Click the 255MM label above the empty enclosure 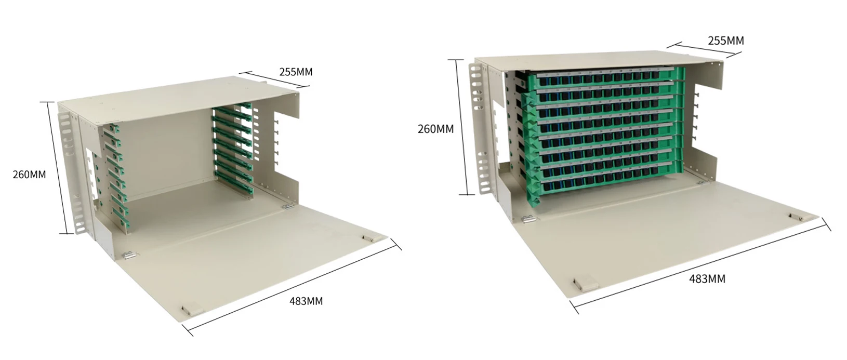[296, 72]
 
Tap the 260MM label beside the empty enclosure [29, 175]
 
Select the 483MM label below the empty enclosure [306, 301]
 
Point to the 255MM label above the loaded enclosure [726, 41]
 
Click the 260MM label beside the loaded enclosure [435, 129]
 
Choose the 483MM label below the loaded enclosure [707, 279]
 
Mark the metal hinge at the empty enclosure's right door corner [286, 206]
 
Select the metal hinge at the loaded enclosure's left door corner [527, 219]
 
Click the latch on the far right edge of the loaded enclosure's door [793, 215]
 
